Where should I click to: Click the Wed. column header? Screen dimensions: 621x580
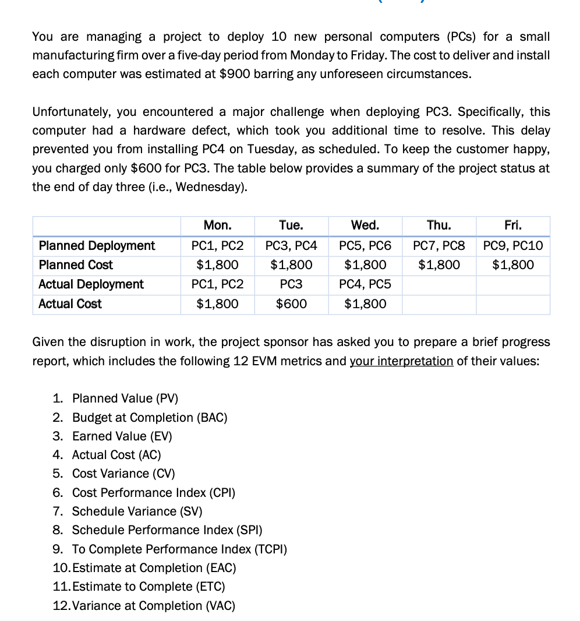(365, 225)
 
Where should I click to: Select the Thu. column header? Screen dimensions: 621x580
(438, 225)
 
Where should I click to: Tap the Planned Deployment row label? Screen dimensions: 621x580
(97, 246)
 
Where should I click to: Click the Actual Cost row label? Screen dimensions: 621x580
(70, 304)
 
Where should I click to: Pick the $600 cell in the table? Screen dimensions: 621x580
(291, 304)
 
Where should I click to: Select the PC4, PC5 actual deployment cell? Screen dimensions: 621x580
(365, 284)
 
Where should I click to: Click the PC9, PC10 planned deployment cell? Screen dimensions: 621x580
(513, 246)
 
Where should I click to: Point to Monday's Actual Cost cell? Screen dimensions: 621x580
(217, 304)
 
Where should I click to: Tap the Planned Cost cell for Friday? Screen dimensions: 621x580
(513, 265)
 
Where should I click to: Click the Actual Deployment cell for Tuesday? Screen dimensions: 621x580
(291, 284)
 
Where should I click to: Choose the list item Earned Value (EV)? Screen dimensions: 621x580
(122, 436)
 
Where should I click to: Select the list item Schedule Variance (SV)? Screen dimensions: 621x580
(137, 511)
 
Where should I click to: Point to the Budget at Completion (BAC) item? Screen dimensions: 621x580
(150, 417)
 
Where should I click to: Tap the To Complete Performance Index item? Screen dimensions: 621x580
(179, 549)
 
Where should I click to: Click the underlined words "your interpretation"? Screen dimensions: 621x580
(401, 361)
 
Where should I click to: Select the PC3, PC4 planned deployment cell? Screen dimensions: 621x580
(291, 246)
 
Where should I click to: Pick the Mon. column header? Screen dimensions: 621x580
(217, 225)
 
